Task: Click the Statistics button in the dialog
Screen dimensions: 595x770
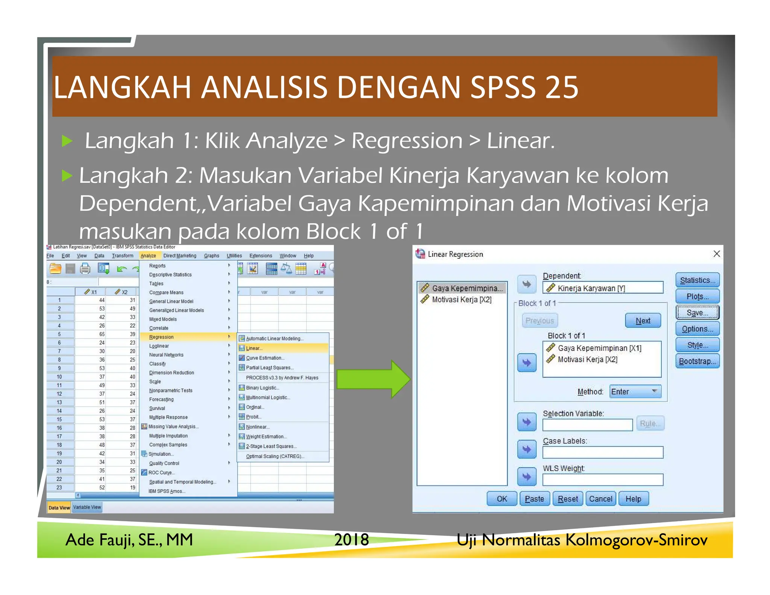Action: coord(697,280)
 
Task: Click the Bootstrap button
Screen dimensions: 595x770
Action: coord(697,361)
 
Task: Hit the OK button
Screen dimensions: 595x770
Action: coord(502,499)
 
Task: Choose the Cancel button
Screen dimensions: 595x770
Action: coord(600,499)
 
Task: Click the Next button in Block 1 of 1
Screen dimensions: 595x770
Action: coord(643,321)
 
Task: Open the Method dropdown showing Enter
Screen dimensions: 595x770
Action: coord(635,392)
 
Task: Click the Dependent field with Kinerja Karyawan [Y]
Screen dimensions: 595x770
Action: coord(603,288)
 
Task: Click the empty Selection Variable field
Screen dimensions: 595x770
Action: coord(588,425)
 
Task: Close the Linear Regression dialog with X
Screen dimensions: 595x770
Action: coord(717,254)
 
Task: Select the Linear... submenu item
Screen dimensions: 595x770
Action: coord(255,348)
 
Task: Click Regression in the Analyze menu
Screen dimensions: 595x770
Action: coord(162,337)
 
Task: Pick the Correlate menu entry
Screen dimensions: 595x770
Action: coord(159,328)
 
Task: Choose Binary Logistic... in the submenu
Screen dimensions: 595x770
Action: coord(262,388)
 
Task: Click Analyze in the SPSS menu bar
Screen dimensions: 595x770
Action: coord(149,256)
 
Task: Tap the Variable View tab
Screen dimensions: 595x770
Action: coord(87,507)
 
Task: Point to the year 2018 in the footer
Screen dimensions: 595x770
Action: coord(352,540)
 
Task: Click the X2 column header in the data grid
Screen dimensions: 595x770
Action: coord(121,292)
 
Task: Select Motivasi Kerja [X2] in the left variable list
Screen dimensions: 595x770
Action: coord(462,299)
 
